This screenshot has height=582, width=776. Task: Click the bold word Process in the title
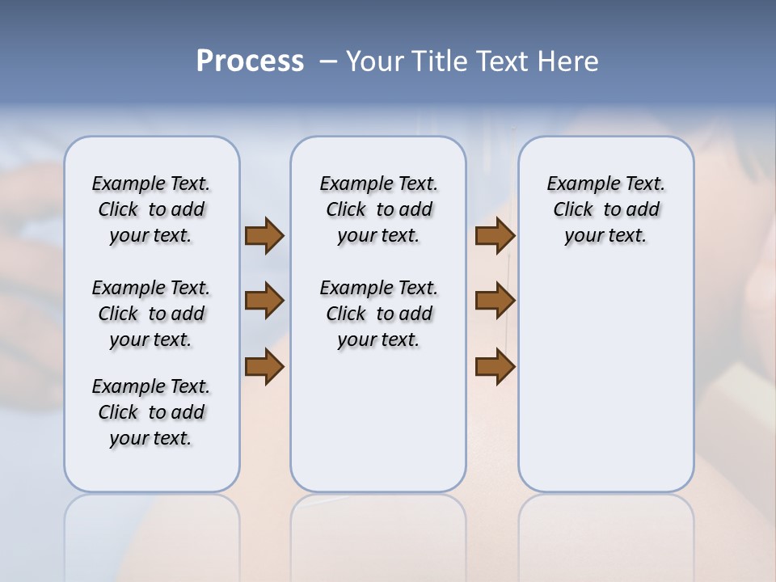click(250, 61)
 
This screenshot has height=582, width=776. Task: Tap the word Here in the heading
click(569, 61)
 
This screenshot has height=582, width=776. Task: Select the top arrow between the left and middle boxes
click(264, 236)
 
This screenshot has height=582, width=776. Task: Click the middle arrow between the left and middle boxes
click(264, 302)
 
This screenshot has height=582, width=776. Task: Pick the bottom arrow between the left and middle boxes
click(264, 367)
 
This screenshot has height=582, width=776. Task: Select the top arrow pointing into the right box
click(496, 236)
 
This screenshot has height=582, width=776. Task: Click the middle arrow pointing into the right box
click(496, 302)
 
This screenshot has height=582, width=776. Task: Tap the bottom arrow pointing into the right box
click(496, 367)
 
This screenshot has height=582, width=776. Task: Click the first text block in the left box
click(151, 209)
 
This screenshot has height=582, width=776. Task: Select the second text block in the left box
click(151, 314)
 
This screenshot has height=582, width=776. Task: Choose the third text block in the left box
click(151, 412)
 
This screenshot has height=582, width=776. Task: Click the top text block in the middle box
click(378, 209)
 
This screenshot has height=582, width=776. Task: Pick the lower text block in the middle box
click(378, 314)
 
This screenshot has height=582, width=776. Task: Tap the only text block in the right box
click(605, 209)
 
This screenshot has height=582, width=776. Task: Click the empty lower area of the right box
click(605, 380)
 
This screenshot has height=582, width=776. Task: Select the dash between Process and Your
click(328, 61)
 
